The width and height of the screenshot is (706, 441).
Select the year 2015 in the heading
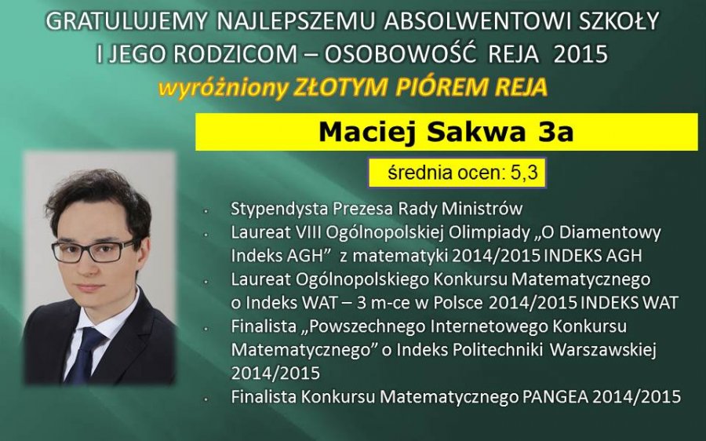click(580, 54)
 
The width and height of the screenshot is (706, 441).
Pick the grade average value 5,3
click(524, 172)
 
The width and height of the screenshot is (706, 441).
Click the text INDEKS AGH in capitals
click(592, 256)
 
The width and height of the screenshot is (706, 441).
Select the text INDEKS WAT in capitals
click(629, 303)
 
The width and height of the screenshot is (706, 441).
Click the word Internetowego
click(489, 326)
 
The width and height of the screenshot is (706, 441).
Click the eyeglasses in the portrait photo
click(93, 251)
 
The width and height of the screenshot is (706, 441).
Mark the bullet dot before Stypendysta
click(206, 211)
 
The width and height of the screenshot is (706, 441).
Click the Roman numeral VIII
click(308, 232)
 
